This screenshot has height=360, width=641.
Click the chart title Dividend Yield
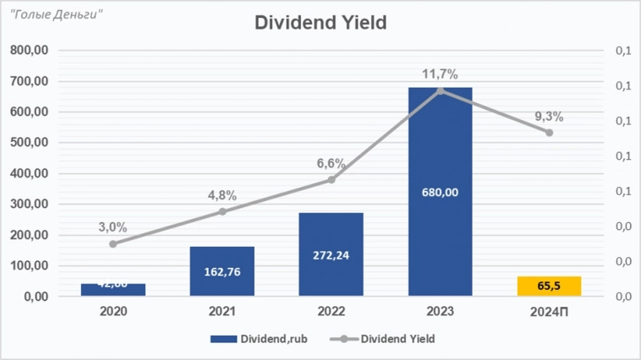pyautogui.click(x=320, y=23)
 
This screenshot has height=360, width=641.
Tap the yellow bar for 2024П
pyautogui.click(x=549, y=286)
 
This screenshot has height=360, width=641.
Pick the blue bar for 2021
pyautogui.click(x=222, y=271)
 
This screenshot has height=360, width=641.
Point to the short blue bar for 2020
pyautogui.click(x=113, y=290)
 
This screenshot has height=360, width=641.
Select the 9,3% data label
pyautogui.click(x=548, y=117)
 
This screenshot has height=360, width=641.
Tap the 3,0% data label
pyautogui.click(x=112, y=226)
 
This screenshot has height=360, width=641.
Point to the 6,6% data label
pyautogui.click(x=331, y=163)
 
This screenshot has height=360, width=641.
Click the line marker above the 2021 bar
pyautogui.click(x=222, y=211)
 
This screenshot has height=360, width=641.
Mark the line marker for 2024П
pyautogui.click(x=549, y=133)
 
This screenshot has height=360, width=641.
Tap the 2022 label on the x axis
pyautogui.click(x=331, y=312)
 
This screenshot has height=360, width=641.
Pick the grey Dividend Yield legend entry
pyautogui.click(x=388, y=339)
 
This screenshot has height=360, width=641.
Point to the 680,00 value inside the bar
pyautogui.click(x=440, y=193)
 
